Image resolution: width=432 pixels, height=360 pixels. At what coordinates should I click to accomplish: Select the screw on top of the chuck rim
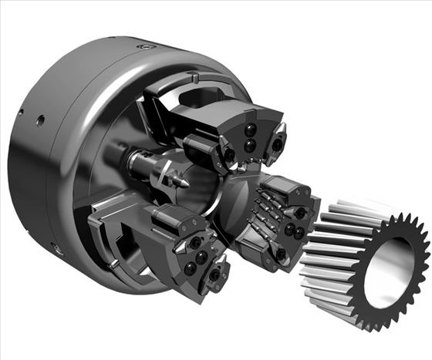click(x=141, y=47)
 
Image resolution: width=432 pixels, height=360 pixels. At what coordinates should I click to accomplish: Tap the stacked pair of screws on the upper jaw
click(x=250, y=137)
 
